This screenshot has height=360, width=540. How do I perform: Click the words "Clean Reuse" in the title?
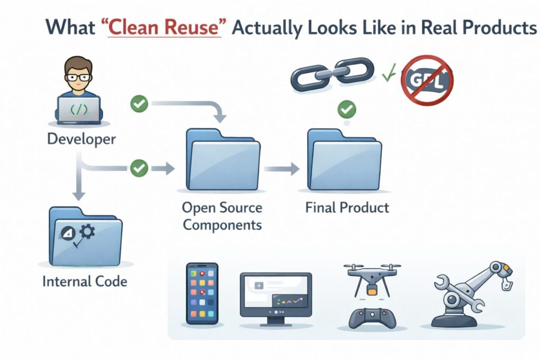(x=165, y=27)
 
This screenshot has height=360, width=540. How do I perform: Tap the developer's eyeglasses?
(x=78, y=76)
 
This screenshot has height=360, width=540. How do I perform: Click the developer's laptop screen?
(x=79, y=110)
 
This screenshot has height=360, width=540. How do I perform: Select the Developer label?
(x=81, y=139)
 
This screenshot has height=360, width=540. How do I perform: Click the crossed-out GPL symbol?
(x=427, y=80)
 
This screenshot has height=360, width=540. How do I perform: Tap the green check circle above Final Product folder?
(x=347, y=110)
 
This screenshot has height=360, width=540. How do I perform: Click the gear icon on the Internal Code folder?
(x=88, y=231)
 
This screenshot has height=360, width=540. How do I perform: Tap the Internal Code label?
(x=85, y=281)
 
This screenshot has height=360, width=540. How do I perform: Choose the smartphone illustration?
(x=202, y=294)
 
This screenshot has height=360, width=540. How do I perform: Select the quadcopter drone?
(x=372, y=278)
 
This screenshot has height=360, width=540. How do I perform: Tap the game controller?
(x=372, y=318)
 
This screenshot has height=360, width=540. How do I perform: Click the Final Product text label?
(x=347, y=208)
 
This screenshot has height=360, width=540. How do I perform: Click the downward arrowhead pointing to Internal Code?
(x=79, y=196)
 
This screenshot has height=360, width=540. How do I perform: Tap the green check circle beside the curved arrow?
(x=139, y=104)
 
